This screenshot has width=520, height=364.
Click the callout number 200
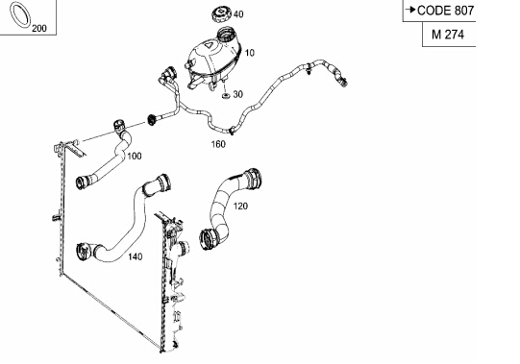pos(39,29)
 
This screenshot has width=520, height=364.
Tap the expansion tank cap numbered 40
pos(221,14)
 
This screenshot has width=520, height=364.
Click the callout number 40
pos(238,14)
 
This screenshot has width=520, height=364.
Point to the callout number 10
pos(250,53)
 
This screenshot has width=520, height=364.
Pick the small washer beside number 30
pos(226,95)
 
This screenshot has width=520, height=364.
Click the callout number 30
pos(238,94)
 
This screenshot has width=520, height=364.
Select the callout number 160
pos(218,144)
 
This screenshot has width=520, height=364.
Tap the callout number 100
pos(135,156)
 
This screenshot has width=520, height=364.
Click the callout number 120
pos(240,206)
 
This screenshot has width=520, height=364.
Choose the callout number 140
pos(136,256)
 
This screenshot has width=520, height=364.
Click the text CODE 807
pos(445,11)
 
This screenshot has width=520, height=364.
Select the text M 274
pos(448,35)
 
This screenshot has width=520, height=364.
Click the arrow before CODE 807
pos(410,10)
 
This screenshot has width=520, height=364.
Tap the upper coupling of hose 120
pos(253,179)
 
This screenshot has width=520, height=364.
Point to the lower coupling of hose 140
pos(84,253)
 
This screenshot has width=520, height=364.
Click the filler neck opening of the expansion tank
pos(228,34)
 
